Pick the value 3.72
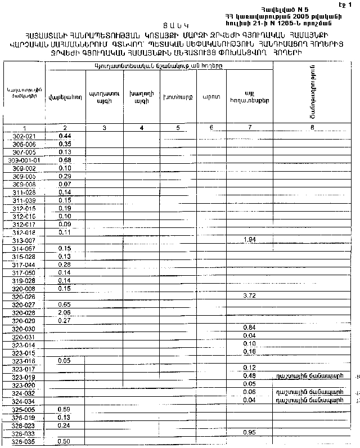point(249,295)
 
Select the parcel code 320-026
point(24,296)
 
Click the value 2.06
point(64,312)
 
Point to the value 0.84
point(249,328)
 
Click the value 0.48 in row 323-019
point(249,376)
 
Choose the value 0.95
point(249,432)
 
